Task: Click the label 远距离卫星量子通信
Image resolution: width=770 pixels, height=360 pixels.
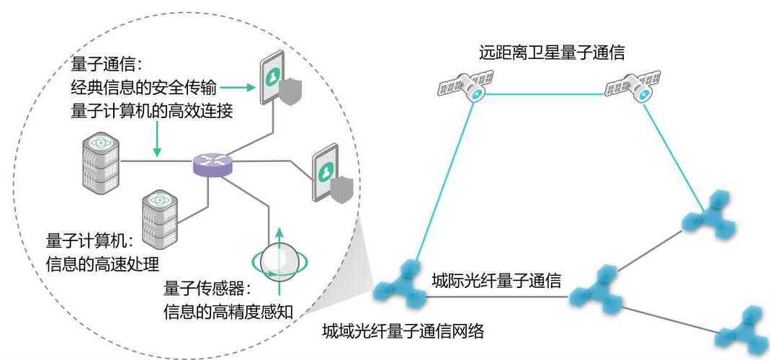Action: [x=552, y=52]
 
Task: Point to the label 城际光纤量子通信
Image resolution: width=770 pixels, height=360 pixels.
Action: [x=496, y=280]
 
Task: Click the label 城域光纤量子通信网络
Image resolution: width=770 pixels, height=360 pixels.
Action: [x=406, y=332]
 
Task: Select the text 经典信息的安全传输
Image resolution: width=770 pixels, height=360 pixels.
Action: [x=143, y=88]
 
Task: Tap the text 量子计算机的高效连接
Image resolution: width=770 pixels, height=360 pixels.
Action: [x=151, y=112]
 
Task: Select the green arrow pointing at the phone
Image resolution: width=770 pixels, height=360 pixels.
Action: [x=237, y=88]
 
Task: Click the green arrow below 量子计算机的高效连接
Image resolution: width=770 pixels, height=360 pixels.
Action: [x=158, y=140]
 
